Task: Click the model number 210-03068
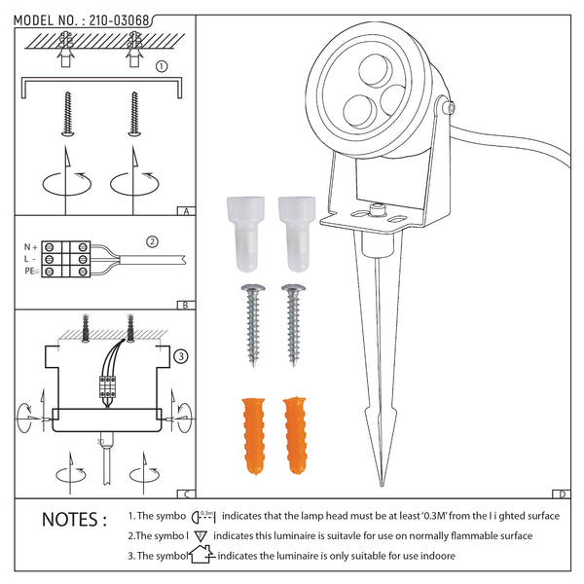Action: (x=119, y=20)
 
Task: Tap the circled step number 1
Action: (x=162, y=66)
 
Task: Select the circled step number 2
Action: (x=152, y=242)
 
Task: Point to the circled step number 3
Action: (x=181, y=356)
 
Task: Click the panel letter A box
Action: (x=186, y=211)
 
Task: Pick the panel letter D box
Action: (x=562, y=493)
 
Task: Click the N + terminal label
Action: (x=31, y=247)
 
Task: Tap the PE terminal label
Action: (x=31, y=272)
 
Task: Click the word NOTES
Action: (x=75, y=520)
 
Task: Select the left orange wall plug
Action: (x=254, y=436)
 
